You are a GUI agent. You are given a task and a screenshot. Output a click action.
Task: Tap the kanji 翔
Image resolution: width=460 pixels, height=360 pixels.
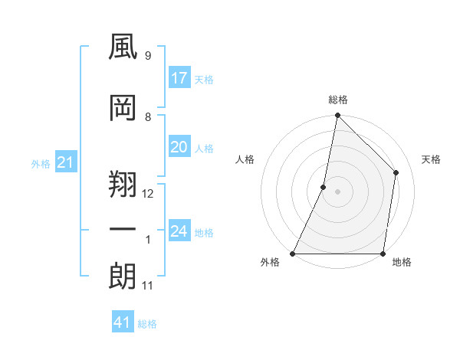123,182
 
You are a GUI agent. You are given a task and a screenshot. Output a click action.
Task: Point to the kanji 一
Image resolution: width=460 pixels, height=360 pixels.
123,229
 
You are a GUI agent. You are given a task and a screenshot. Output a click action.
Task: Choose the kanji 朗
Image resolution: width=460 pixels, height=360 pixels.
123,276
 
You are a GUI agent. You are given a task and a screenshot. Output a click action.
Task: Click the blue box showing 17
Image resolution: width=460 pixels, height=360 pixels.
179,78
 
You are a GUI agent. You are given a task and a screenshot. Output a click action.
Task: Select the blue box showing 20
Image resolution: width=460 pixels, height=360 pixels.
179,147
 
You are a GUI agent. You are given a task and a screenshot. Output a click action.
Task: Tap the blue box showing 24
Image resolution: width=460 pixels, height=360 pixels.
179,231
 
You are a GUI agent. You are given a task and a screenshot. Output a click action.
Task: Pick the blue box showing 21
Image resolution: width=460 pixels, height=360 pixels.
65,162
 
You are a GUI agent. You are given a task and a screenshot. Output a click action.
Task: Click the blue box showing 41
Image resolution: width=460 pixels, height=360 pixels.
123,322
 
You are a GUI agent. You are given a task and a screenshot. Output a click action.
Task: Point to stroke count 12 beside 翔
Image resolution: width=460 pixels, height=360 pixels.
148,194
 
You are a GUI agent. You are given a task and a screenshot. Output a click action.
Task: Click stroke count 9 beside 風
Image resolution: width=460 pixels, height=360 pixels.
147,56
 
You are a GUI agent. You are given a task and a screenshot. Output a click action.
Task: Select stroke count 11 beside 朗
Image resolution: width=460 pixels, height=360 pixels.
147,286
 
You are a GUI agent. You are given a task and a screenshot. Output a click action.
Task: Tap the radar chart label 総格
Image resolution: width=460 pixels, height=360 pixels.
337,100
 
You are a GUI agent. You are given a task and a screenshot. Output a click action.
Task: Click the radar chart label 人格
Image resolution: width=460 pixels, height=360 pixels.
245,159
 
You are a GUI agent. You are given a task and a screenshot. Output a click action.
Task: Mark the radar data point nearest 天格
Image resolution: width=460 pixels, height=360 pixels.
396,172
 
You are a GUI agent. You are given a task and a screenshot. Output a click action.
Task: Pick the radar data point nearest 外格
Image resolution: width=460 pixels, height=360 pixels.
293,254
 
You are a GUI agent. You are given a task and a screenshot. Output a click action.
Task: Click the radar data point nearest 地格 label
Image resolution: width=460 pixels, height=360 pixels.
383,254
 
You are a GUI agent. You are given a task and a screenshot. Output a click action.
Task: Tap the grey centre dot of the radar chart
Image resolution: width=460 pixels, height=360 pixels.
337,191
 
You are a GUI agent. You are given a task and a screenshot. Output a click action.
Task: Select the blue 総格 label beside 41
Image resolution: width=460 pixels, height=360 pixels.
147,324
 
